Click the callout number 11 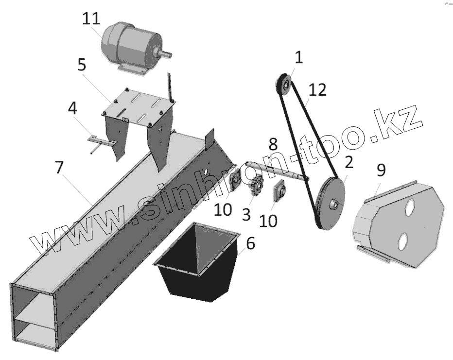(91, 19)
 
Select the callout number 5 (83, 65)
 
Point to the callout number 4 (72, 108)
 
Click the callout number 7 (59, 167)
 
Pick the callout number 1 (298, 58)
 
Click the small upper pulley (283, 86)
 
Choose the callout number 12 (317, 90)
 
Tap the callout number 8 (273, 144)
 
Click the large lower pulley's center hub (333, 204)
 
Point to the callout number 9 (381, 170)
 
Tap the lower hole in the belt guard (403, 241)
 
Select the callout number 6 (250, 244)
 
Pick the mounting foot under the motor (133, 69)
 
